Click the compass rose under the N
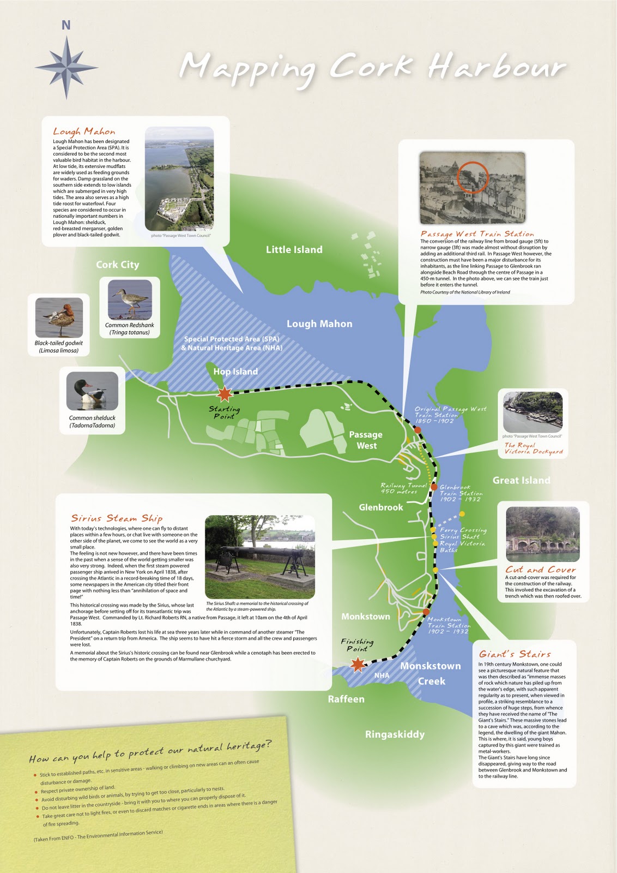coord(66,68)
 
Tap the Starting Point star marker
coord(225,393)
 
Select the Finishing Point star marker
coord(358,664)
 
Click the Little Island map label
coord(294,249)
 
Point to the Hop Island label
coord(235,372)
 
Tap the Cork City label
coord(118,265)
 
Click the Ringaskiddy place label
coord(395,734)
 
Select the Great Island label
coord(521,480)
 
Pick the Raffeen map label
coord(346,699)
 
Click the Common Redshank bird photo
coord(130,300)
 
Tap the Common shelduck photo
coord(92,391)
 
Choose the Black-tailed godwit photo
coord(59,318)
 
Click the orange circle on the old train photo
coord(474,176)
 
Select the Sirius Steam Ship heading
coord(117,518)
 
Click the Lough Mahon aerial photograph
coord(179,178)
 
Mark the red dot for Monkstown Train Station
coord(426,612)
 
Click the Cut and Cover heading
coord(540,570)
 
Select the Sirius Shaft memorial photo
coord(260,557)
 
